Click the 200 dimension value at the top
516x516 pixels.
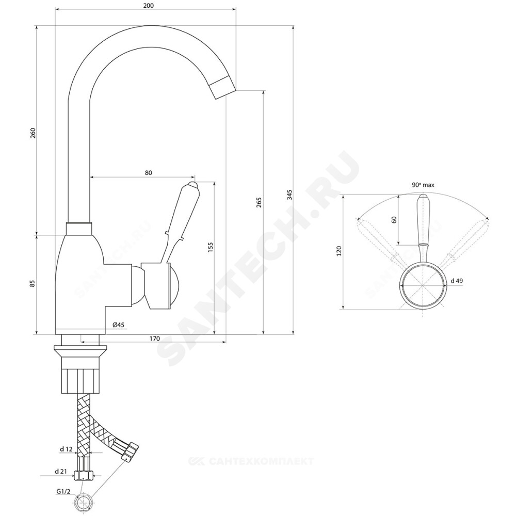[x=149, y=6]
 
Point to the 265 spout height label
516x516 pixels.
[x=259, y=202]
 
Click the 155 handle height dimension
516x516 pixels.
[x=211, y=248]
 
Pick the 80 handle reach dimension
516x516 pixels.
[x=149, y=173]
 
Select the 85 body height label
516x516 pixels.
[x=32, y=283]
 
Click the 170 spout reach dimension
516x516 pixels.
[x=154, y=338]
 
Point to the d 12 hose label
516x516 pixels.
[x=66, y=449]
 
